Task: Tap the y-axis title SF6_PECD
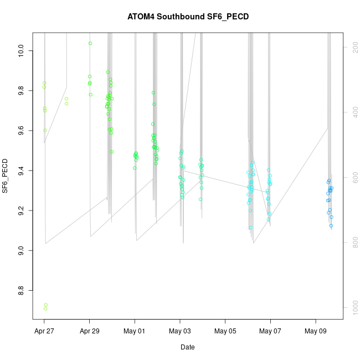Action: pos(6,176)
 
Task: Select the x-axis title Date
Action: pos(187,347)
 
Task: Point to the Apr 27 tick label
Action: pos(44,332)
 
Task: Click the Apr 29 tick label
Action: pos(90,332)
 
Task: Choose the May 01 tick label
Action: pos(135,332)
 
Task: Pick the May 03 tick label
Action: pos(180,332)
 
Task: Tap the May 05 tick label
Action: pos(225,332)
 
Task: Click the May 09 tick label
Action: pos(316,332)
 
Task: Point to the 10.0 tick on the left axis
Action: pos(21,52)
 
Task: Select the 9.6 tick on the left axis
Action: pos(21,130)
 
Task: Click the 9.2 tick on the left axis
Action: pos(21,210)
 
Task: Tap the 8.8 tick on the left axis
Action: pos(21,289)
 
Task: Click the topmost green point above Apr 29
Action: pos(90,43)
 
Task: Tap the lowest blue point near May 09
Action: pos(331,225)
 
